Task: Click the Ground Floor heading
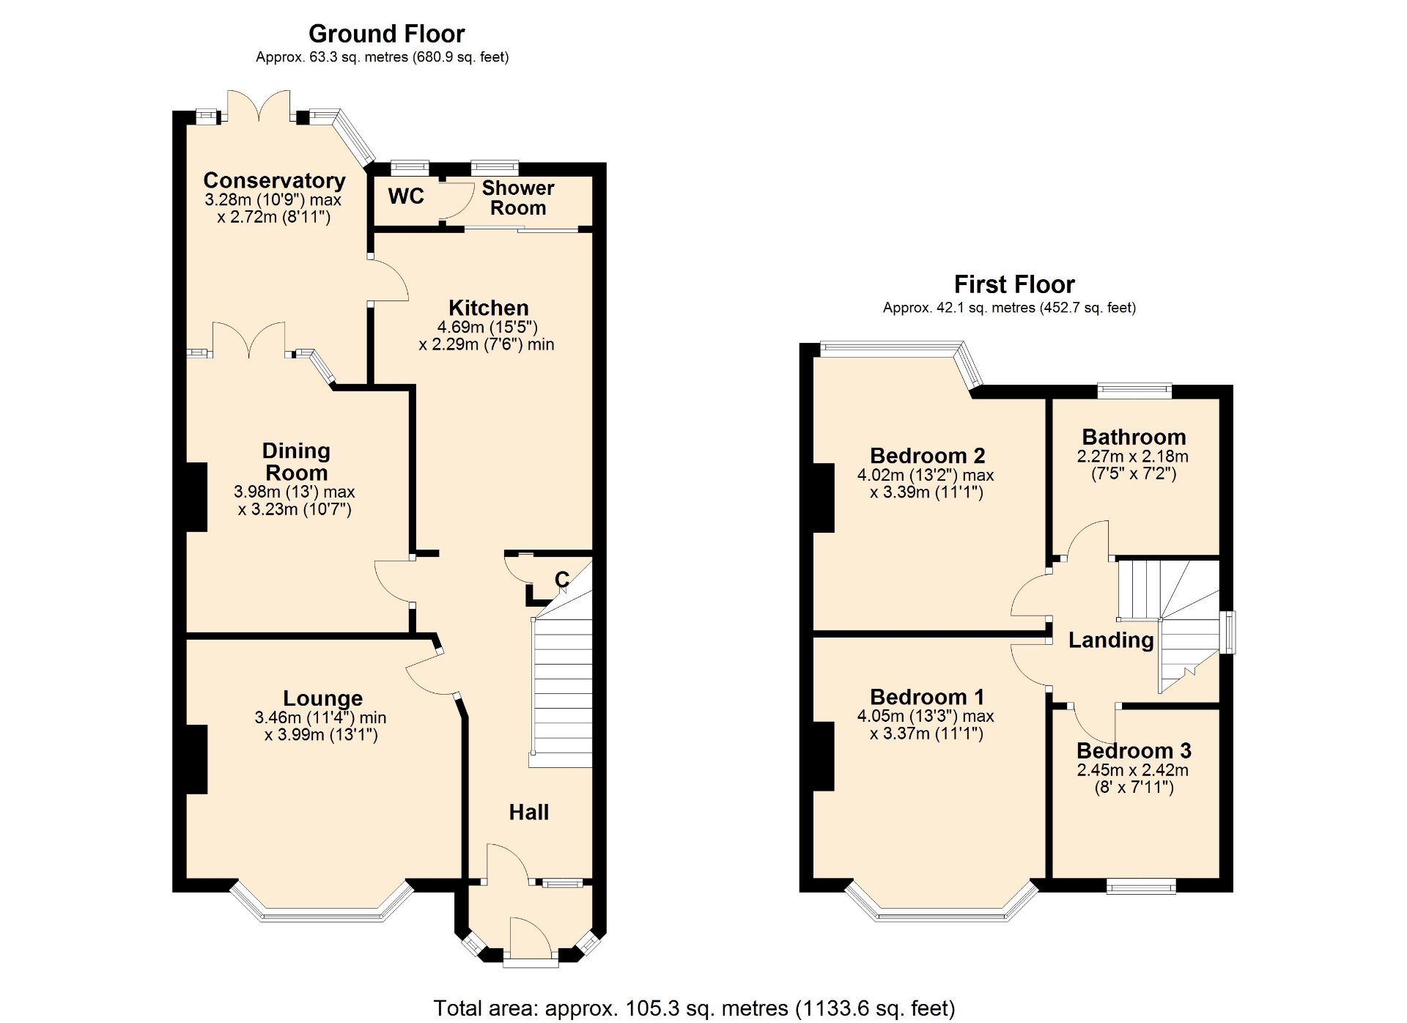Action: point(386,34)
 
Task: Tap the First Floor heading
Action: point(1014,284)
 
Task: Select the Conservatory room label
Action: point(274,180)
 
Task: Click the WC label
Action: point(406,196)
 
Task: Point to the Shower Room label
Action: point(518,198)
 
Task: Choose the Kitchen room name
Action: point(489,308)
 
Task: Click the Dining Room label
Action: point(296,462)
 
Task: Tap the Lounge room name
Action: point(322,698)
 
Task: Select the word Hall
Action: point(529,812)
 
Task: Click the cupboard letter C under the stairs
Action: point(562,580)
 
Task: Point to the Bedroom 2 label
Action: point(927,456)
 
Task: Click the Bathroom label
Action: point(1134,437)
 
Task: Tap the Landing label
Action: point(1111,640)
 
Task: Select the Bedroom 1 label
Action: point(927,697)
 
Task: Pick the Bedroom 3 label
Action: point(1134,751)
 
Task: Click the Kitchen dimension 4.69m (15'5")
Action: point(487,328)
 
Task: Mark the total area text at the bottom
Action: point(694,1008)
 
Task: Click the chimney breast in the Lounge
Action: point(196,759)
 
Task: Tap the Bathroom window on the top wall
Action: point(1134,391)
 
